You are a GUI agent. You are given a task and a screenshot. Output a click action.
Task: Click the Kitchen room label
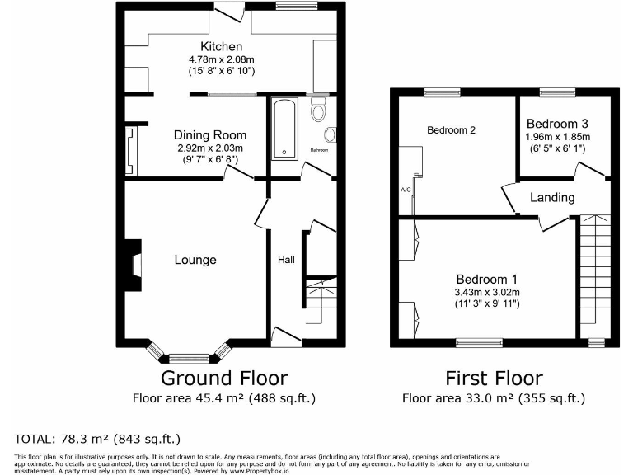pyautogui.click(x=220, y=46)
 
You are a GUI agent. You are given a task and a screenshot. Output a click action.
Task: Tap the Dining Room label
pyautogui.click(x=209, y=135)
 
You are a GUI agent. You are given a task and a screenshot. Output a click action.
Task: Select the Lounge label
pyautogui.click(x=195, y=260)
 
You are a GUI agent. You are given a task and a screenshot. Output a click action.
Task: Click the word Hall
pyautogui.click(x=286, y=260)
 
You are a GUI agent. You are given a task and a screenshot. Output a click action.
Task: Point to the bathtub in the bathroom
pyautogui.click(x=284, y=129)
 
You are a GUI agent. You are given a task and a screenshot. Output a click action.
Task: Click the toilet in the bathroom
pyautogui.click(x=319, y=110)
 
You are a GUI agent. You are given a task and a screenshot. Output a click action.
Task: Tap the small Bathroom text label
pyautogui.click(x=319, y=151)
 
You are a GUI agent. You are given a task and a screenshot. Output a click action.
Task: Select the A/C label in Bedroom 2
pyautogui.click(x=406, y=190)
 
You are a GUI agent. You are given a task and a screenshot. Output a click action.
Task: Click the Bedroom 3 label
pyautogui.click(x=557, y=124)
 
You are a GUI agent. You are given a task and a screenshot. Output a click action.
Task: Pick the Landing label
pyautogui.click(x=552, y=198)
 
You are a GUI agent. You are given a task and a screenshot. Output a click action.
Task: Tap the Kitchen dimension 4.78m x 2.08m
pyautogui.click(x=220, y=59)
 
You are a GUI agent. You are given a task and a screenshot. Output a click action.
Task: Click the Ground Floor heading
pyautogui.click(x=223, y=379)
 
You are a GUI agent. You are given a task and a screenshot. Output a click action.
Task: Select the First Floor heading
pyautogui.click(x=494, y=379)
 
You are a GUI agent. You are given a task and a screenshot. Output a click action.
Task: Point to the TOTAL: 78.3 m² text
pyautogui.click(x=97, y=438)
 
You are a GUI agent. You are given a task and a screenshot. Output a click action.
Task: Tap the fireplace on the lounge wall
pyautogui.click(x=132, y=262)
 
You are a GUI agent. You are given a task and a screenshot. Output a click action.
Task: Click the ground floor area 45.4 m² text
pyautogui.click(x=223, y=398)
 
